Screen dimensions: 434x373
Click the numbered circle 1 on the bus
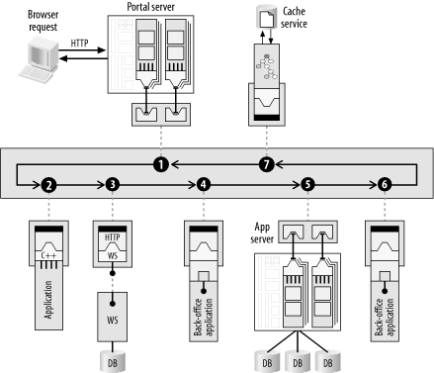pos(161,164)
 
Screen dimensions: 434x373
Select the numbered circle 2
pos(48,185)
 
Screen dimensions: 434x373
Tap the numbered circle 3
pos(113,185)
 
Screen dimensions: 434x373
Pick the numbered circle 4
pos(204,185)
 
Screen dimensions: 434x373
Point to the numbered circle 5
pos(307,185)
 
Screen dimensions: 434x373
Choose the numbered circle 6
pos(385,185)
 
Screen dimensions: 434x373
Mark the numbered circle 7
pos(267,164)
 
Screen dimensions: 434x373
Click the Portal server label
pos(151,7)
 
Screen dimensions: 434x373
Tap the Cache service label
pos(294,18)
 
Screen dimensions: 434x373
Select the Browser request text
pos(43,21)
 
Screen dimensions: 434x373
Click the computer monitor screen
pos(39,54)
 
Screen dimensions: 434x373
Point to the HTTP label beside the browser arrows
pos(79,43)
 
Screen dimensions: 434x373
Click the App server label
pos(262,233)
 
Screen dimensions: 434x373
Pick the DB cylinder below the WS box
pos(113,361)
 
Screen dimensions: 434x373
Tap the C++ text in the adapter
pos(48,255)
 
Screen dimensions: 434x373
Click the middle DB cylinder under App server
pos(298,361)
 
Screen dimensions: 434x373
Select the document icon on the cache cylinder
pos(267,19)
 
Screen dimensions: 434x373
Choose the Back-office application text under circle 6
pos(385,317)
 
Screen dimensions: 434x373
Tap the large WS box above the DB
pos(113,317)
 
